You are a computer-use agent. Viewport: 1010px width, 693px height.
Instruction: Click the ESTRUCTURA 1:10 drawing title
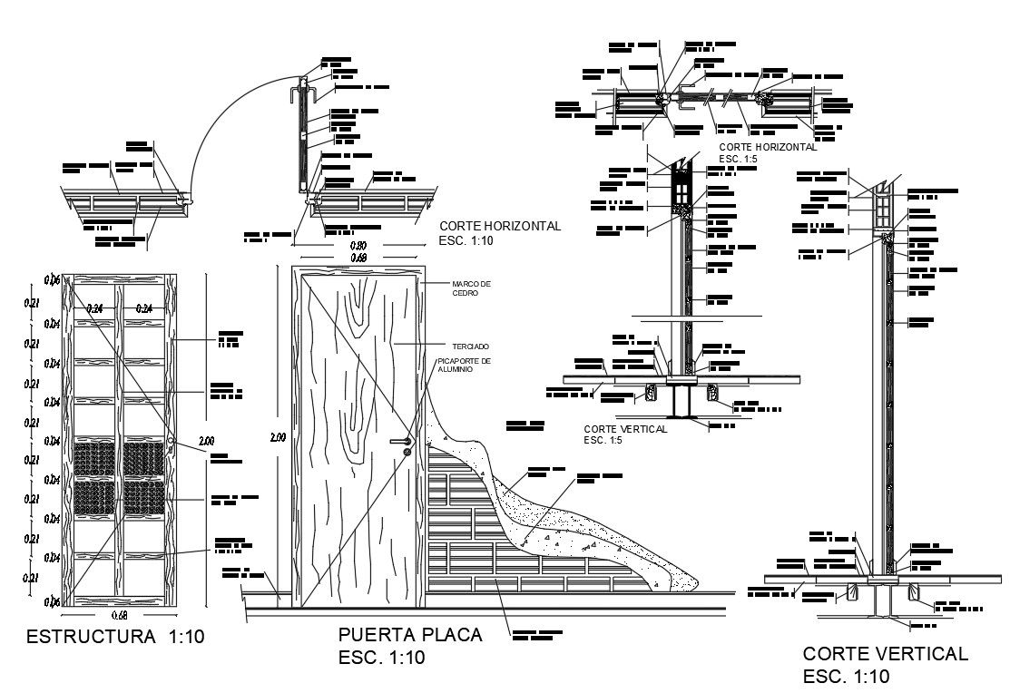[116, 637]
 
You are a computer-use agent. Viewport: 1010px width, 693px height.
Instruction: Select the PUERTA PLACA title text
[408, 635]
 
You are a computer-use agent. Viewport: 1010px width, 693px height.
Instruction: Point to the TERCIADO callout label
[470, 346]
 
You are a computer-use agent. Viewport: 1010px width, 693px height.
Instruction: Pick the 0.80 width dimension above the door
[360, 246]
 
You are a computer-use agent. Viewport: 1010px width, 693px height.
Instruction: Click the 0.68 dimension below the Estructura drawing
[118, 614]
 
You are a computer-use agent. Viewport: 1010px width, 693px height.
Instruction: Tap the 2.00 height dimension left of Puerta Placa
[278, 437]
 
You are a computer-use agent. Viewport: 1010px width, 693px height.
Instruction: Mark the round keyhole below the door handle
[407, 451]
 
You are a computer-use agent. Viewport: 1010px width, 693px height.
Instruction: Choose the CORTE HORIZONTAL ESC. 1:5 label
[767, 151]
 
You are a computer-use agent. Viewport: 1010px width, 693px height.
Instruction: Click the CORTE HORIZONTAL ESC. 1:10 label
[500, 233]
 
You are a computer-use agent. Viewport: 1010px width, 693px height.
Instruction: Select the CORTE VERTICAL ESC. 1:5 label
[625, 434]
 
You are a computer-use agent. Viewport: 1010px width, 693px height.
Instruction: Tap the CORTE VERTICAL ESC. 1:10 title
[885, 664]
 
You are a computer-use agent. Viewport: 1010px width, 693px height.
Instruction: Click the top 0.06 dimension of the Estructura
[54, 280]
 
